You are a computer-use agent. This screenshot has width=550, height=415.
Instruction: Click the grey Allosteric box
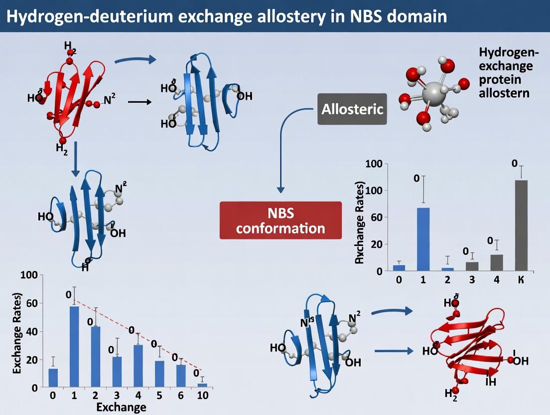[352, 109]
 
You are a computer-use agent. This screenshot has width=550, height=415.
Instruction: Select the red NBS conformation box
[280, 220]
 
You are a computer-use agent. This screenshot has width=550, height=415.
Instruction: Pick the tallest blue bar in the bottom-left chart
[74, 347]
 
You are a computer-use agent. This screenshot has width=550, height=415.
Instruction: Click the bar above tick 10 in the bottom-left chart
[201, 385]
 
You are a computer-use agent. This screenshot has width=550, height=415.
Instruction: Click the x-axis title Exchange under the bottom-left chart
[121, 407]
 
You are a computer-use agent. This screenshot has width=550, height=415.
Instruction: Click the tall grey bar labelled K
[521, 225]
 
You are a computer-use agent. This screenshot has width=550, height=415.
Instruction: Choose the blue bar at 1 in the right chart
[423, 239]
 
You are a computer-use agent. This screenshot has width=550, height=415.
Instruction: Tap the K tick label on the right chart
[521, 279]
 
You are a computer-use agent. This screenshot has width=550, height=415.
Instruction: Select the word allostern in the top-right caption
[504, 93]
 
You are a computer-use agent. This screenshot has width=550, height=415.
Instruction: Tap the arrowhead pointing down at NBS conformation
[280, 190]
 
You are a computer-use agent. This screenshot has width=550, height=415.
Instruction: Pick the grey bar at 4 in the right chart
[497, 262]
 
